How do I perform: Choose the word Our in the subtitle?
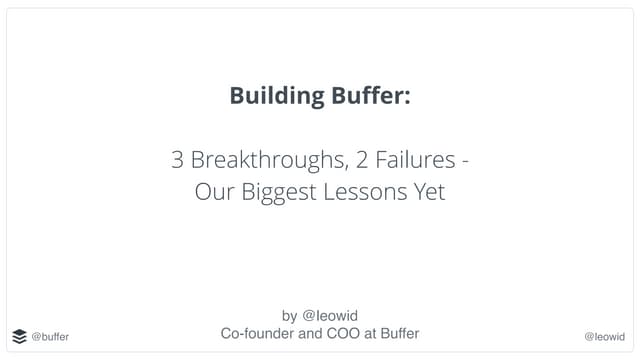coord(214,191)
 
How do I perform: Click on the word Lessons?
coord(362,191)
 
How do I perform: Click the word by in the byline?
coord(290,315)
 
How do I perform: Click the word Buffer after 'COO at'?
coord(397,334)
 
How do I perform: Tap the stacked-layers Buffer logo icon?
coord(20,336)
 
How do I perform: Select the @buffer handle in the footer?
coord(50,337)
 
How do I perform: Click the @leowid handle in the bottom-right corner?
coord(604,337)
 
